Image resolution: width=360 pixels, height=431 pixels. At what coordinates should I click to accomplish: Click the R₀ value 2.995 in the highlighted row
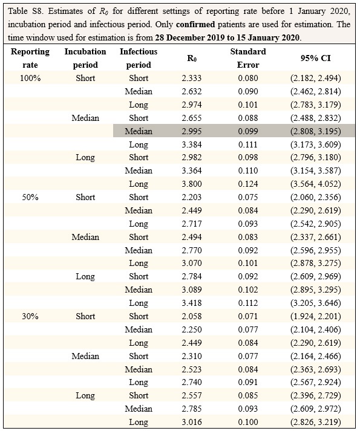(x=192, y=131)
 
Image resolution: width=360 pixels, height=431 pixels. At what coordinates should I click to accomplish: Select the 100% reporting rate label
(x=30, y=78)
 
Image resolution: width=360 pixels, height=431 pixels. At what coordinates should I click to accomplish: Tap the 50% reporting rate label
(x=30, y=197)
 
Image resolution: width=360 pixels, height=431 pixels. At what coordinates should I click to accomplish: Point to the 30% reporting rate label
(x=30, y=316)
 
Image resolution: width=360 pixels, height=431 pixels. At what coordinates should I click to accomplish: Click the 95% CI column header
(x=315, y=58)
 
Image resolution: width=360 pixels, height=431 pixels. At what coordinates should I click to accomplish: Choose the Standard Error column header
(x=248, y=58)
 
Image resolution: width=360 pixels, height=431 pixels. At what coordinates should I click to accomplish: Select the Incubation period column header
(x=85, y=58)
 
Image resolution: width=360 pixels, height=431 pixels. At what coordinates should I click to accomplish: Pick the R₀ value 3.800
(x=192, y=184)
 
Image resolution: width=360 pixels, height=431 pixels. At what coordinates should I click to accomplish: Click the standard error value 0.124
(x=248, y=184)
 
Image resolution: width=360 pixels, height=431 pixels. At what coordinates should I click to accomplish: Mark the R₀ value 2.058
(x=192, y=316)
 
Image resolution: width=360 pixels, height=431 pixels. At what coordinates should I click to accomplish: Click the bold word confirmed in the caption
(x=195, y=24)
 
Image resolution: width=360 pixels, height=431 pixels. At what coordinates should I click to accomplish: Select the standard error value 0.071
(x=248, y=316)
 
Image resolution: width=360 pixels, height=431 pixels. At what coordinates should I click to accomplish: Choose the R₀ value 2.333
(x=192, y=78)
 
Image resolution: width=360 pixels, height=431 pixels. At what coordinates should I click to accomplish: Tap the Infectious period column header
(x=139, y=58)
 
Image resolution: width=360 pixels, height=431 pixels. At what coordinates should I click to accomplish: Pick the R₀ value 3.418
(x=192, y=303)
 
